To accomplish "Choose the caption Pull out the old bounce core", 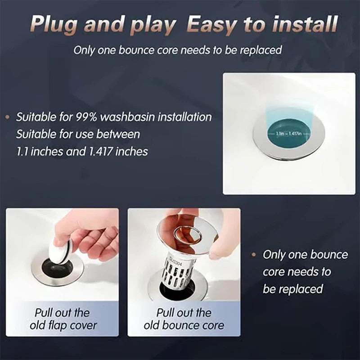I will pos(184,319).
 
